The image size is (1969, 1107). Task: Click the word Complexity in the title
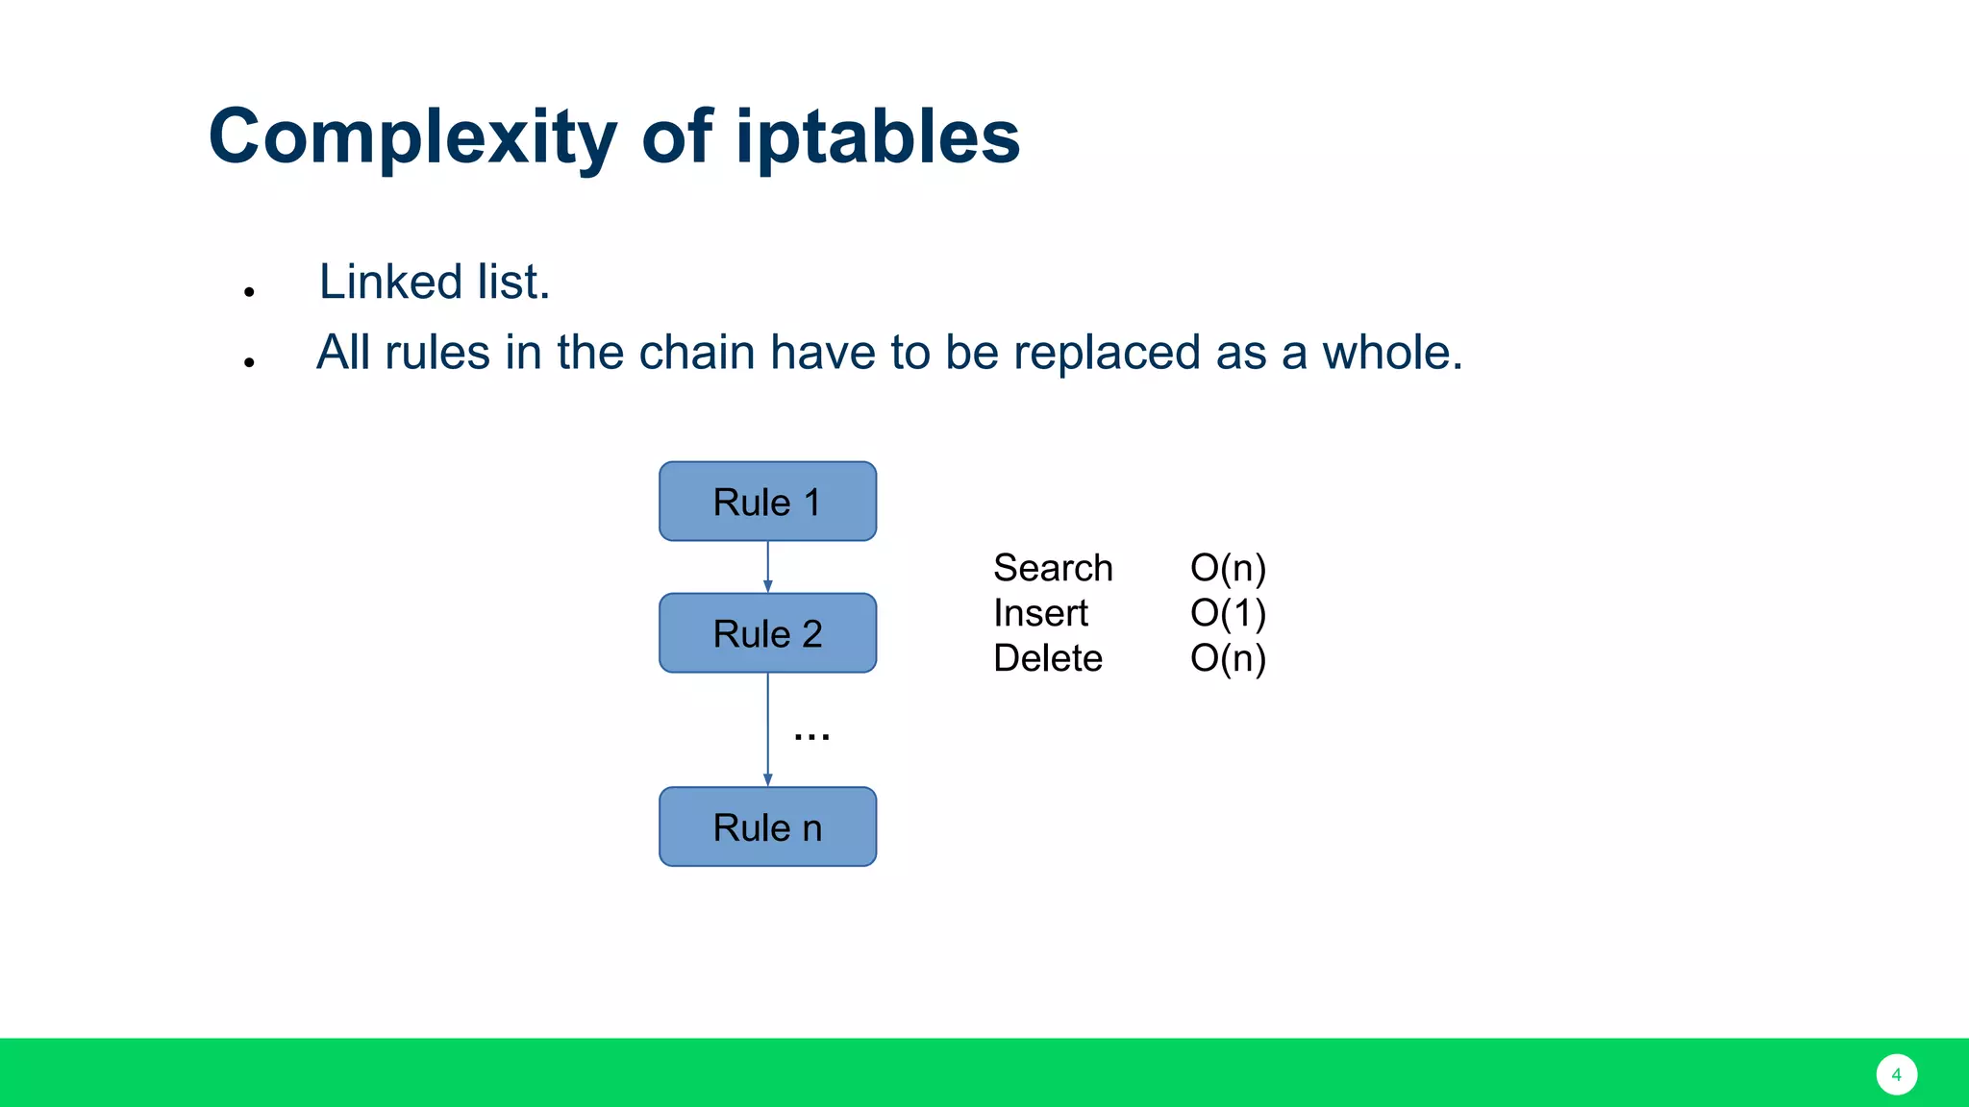point(411,137)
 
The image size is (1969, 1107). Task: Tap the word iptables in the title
point(877,137)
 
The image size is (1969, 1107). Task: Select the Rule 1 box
point(767,502)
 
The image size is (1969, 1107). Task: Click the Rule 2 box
point(767,633)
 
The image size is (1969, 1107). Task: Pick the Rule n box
point(767,827)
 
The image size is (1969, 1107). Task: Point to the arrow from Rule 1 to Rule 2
point(767,567)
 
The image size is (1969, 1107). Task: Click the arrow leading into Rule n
point(767,730)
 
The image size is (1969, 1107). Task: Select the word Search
point(1053,568)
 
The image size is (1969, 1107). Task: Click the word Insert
point(1040,613)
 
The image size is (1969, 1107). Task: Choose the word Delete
point(1047,658)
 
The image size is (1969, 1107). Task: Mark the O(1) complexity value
point(1228,613)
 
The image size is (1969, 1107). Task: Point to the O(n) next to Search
point(1228,568)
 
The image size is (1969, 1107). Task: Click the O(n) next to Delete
point(1228,658)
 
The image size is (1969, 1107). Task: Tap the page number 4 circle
point(1896,1074)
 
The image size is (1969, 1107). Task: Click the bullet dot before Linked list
point(249,291)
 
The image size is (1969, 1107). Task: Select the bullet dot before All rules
point(249,362)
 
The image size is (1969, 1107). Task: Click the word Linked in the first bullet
point(390,283)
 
